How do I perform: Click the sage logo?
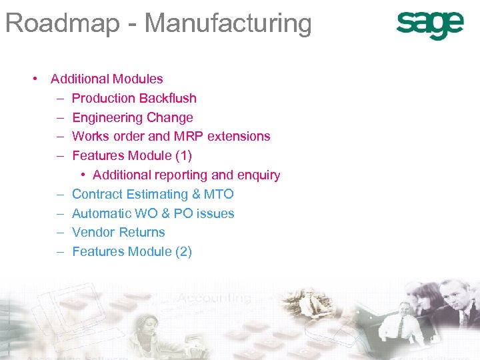point(429,25)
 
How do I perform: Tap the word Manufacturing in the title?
point(228,23)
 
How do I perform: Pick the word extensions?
point(239,136)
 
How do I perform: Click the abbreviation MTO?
point(219,194)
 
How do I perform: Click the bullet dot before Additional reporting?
point(83,175)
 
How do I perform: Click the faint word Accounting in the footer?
point(214,298)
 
